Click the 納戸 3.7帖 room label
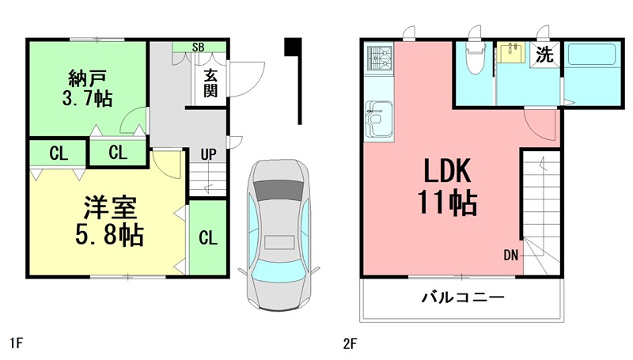88,88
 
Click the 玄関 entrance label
210,82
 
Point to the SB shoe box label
199,47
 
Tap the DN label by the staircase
510,254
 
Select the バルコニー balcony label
463,299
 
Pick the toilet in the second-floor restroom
475,60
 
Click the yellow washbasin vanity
511,53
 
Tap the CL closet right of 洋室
207,237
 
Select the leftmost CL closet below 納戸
58,153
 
